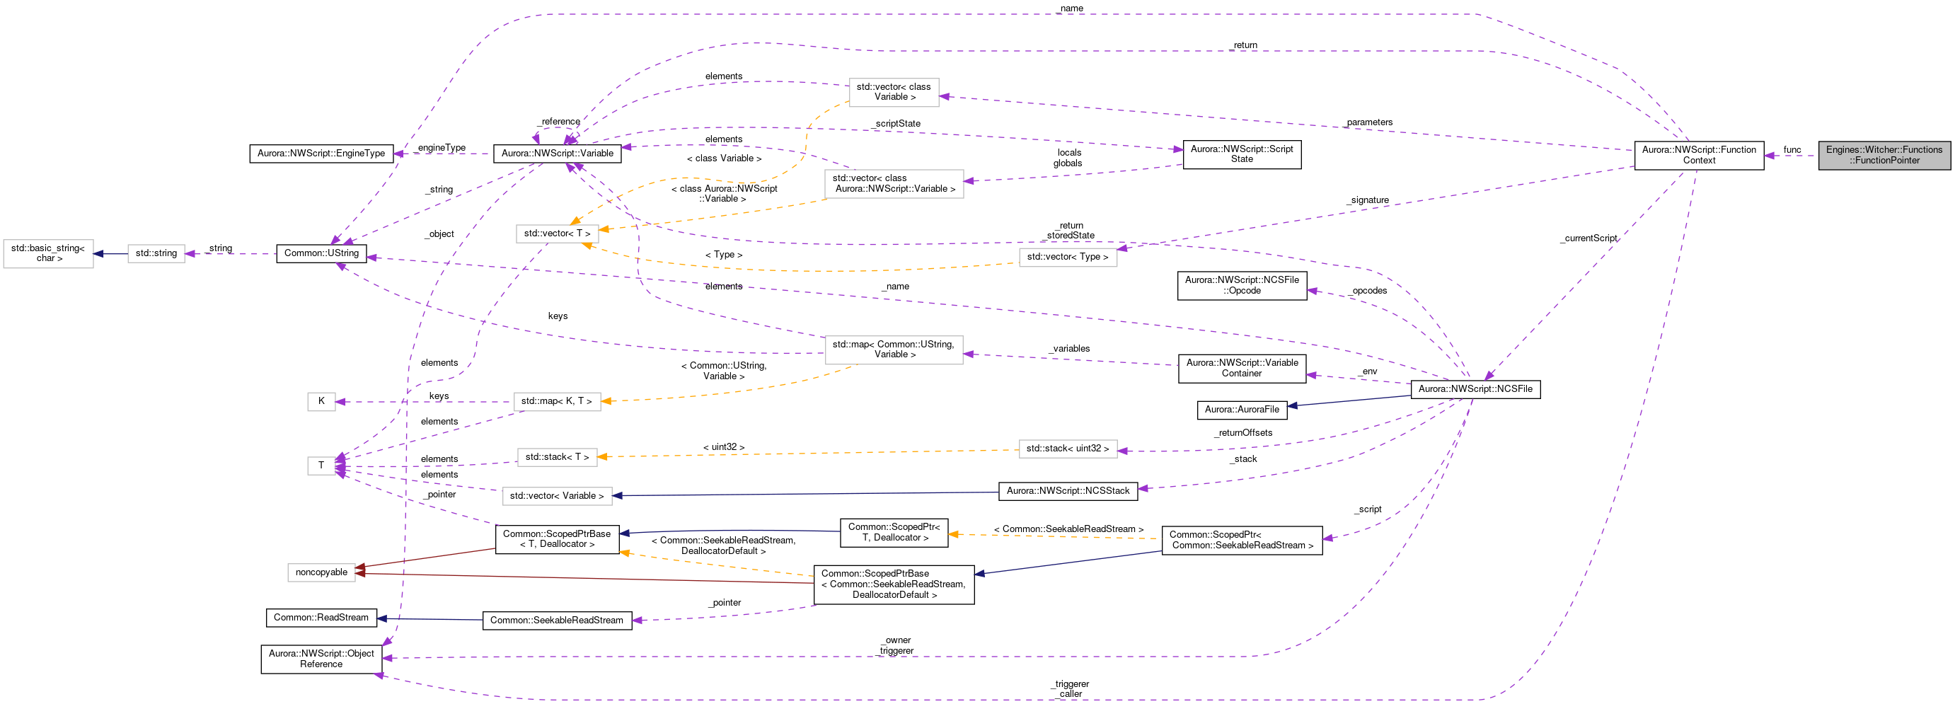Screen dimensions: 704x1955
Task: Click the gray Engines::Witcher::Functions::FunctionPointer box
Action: point(1884,155)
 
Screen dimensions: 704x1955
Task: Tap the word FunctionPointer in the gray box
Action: point(1888,160)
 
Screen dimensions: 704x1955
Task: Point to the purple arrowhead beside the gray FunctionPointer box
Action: point(1768,156)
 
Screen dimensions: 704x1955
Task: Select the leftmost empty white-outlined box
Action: point(49,254)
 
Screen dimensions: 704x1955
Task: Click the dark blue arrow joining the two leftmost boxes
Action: point(111,254)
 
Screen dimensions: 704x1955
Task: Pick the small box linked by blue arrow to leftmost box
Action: point(156,253)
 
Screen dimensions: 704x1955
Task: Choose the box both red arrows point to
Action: point(321,573)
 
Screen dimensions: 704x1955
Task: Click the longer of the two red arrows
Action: point(584,578)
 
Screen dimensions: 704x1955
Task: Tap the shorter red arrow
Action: point(425,558)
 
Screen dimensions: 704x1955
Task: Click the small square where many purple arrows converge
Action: point(321,466)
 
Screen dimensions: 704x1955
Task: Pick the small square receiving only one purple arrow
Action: point(321,402)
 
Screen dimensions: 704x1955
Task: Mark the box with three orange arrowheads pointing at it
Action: point(557,233)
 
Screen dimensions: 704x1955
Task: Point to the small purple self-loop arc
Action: point(554,129)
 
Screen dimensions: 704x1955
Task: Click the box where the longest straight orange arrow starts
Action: point(1067,449)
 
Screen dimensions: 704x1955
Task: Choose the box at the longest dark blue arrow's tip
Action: point(557,496)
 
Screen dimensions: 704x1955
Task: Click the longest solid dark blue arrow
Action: point(805,494)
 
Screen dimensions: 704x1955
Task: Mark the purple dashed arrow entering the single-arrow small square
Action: point(425,402)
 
